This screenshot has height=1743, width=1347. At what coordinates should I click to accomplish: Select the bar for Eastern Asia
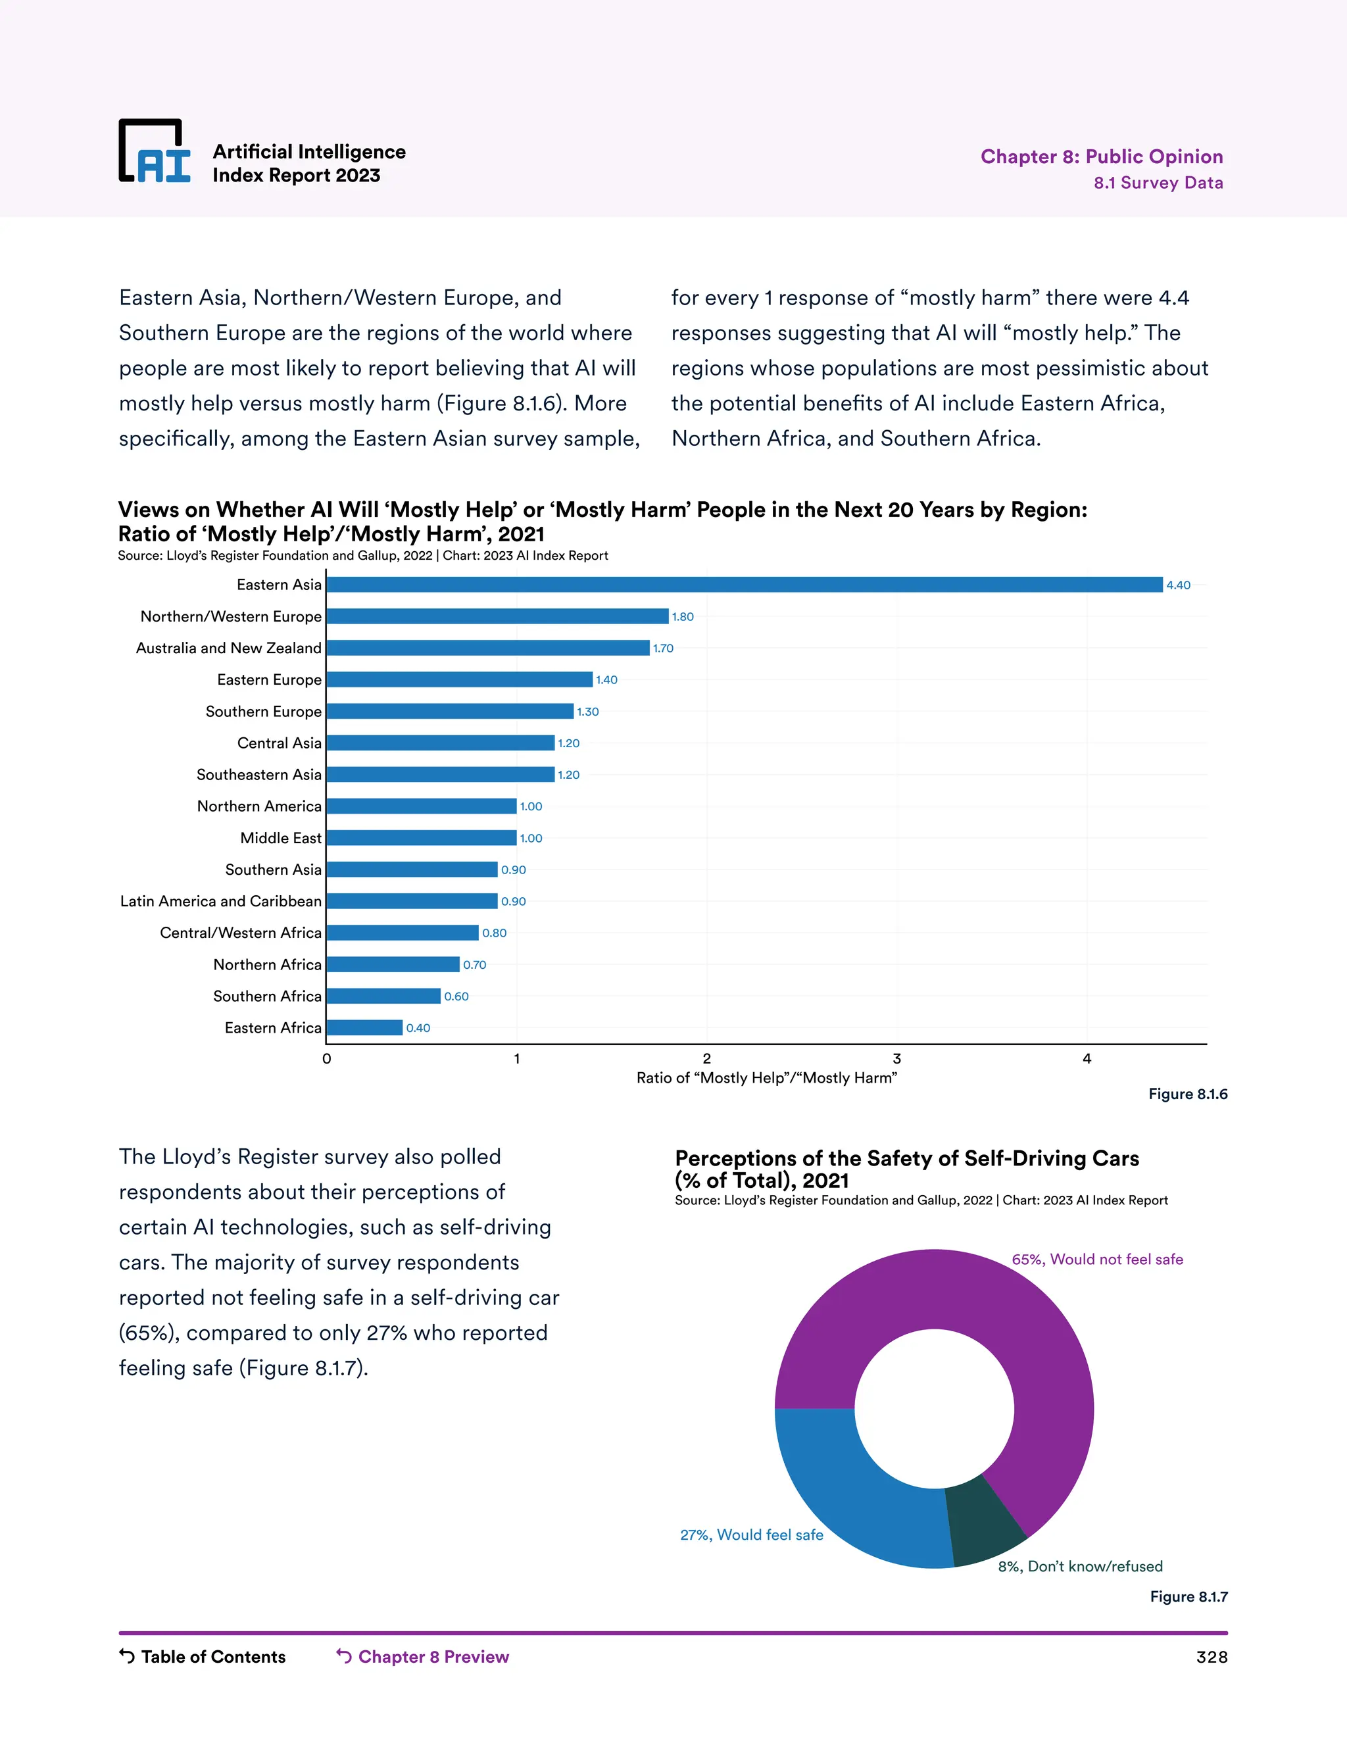point(744,585)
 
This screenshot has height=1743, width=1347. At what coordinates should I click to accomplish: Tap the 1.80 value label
point(682,617)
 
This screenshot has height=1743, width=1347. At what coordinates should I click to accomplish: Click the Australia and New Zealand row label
point(228,648)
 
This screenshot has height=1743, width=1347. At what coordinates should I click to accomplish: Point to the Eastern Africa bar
point(364,1028)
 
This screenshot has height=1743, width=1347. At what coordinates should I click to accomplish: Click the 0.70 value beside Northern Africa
point(474,965)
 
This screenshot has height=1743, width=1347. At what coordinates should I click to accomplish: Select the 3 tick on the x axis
point(896,1059)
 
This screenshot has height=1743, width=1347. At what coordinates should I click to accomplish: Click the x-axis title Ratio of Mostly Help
point(766,1078)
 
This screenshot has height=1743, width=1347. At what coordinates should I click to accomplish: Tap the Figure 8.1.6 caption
point(1187,1094)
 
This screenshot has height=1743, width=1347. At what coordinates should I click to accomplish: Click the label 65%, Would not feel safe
point(1097,1260)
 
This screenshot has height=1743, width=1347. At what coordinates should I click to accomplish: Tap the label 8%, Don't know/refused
point(1080,1567)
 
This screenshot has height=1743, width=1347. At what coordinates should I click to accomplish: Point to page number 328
point(1212,1657)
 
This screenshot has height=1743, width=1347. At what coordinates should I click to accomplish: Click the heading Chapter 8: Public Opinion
point(1101,157)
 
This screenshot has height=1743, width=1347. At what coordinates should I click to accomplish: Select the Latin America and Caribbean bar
point(412,901)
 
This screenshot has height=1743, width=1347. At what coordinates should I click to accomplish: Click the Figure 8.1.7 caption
point(1188,1597)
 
